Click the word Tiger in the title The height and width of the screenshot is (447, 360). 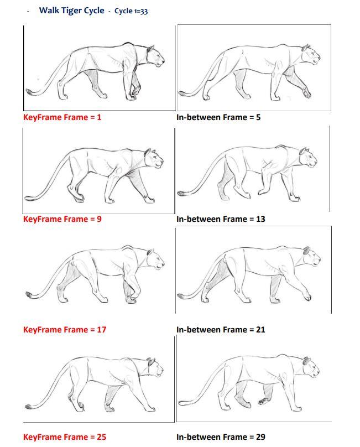click(x=71, y=11)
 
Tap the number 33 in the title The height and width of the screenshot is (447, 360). click(x=144, y=12)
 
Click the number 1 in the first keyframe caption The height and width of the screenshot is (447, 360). click(x=99, y=117)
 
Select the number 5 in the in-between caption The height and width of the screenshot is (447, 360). click(x=258, y=117)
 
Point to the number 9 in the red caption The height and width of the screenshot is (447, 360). click(x=99, y=219)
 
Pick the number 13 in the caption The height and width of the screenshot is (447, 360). click(x=260, y=219)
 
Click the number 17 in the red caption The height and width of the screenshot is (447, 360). click(x=101, y=330)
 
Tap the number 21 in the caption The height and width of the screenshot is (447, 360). click(x=260, y=330)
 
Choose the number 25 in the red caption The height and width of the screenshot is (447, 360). click(x=101, y=437)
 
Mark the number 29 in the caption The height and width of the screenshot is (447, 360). click(x=260, y=437)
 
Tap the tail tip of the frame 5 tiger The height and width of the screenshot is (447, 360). click(x=181, y=93)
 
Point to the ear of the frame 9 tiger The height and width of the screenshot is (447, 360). click(x=148, y=152)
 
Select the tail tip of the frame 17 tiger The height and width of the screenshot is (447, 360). click(x=29, y=294)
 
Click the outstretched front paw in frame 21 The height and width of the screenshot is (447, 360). click(x=307, y=297)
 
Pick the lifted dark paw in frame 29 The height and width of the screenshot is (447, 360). click(x=264, y=401)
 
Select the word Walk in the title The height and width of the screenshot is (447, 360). click(x=49, y=11)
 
